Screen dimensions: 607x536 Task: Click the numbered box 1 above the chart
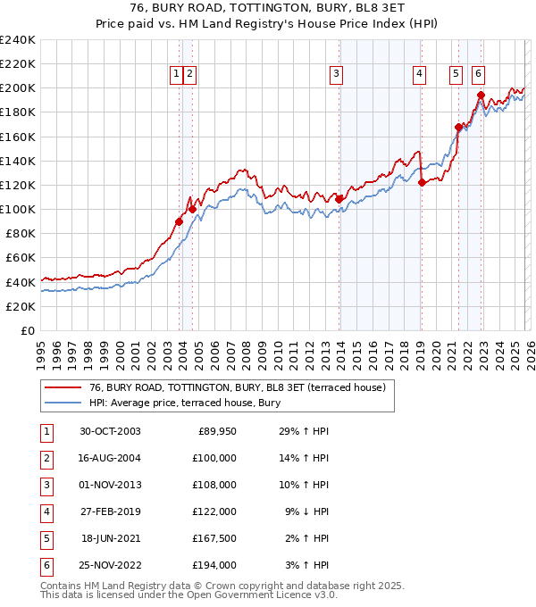click(176, 74)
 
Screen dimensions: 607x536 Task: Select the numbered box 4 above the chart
click(419, 74)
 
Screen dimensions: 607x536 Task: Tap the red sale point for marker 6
click(481, 95)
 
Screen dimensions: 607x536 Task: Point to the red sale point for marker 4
click(422, 182)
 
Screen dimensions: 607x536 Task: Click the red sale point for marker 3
click(339, 199)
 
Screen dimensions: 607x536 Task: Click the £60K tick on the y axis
click(20, 258)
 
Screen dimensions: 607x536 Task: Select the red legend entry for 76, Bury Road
click(237, 387)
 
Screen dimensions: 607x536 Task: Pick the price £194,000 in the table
click(215, 565)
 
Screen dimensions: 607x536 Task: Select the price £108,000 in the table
click(215, 485)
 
